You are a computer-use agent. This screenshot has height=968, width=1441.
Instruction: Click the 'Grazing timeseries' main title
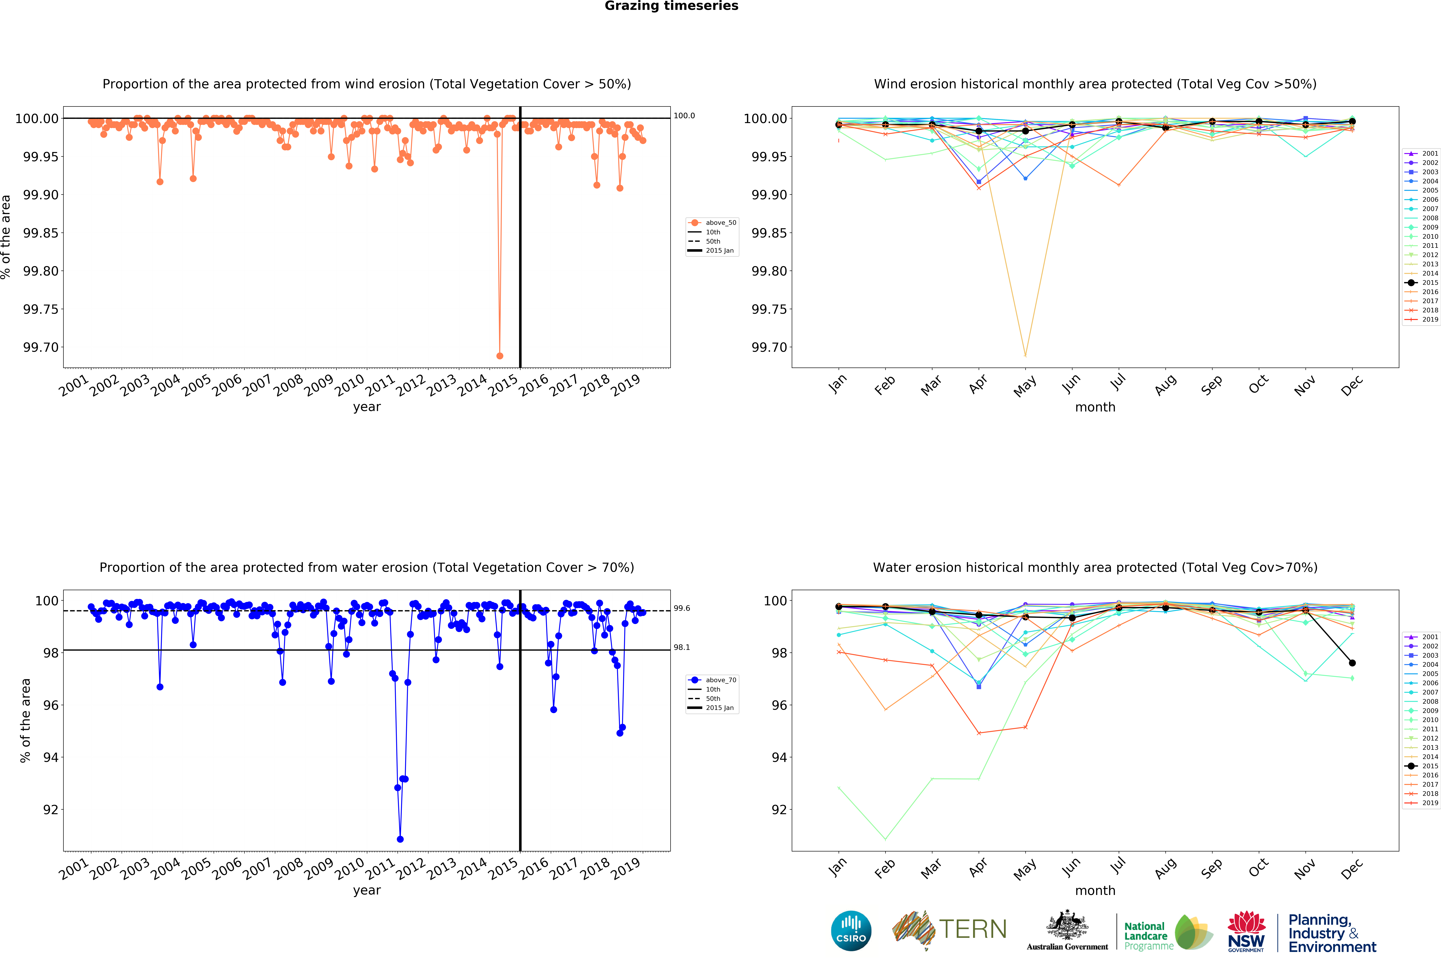(x=671, y=6)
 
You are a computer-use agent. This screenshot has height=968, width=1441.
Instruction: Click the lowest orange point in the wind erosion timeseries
(x=499, y=356)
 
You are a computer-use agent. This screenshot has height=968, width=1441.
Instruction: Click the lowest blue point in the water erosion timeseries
(x=400, y=839)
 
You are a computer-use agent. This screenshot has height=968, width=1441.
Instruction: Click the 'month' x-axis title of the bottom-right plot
(x=1095, y=890)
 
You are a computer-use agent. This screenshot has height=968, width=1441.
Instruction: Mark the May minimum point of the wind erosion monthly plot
(x=1025, y=356)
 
